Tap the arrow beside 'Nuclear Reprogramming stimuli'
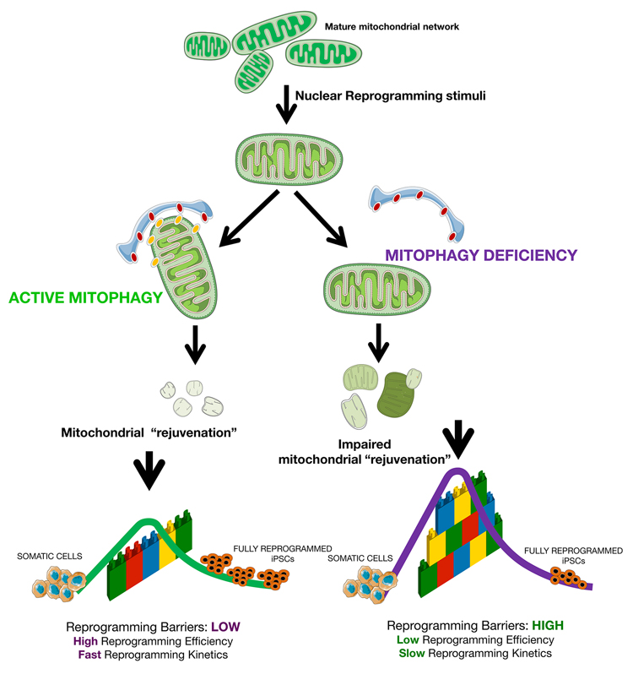[287, 101]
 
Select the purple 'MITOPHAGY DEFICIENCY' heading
[481, 253]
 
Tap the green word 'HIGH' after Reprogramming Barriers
[543, 626]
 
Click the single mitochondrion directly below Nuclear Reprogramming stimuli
[288, 157]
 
